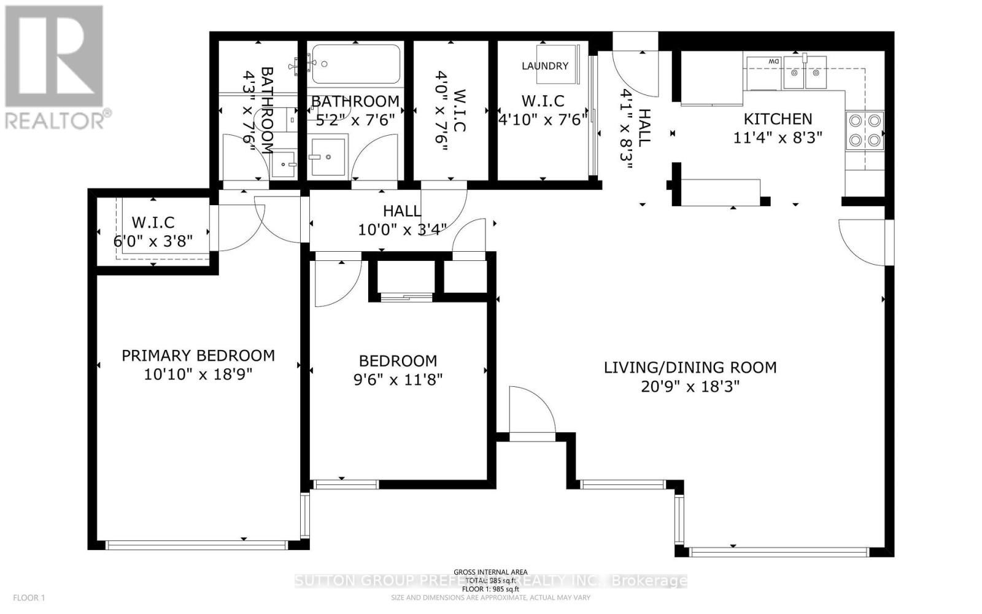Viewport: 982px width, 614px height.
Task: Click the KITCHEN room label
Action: click(x=778, y=119)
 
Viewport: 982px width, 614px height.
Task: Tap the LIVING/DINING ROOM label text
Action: click(x=690, y=367)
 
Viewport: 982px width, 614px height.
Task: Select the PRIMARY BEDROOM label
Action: click(x=198, y=356)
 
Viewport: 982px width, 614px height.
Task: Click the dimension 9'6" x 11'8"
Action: click(x=398, y=379)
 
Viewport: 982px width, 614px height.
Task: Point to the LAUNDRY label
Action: click(x=545, y=66)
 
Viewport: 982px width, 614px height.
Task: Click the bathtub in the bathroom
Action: click(x=356, y=63)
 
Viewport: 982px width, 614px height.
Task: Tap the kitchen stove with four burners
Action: click(x=865, y=131)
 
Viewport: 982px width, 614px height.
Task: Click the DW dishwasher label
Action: click(x=773, y=61)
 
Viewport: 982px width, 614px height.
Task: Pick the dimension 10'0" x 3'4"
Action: click(x=402, y=230)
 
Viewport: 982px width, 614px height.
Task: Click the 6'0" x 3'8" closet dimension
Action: click(x=153, y=241)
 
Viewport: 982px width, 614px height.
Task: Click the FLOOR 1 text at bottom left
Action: click(x=29, y=597)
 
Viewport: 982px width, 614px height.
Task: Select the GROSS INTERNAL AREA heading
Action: click(x=490, y=572)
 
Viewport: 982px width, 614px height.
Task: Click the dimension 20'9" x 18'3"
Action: click(x=690, y=386)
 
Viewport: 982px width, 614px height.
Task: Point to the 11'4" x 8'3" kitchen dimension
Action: click(x=778, y=138)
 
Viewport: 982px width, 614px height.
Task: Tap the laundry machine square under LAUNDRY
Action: click(x=557, y=63)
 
